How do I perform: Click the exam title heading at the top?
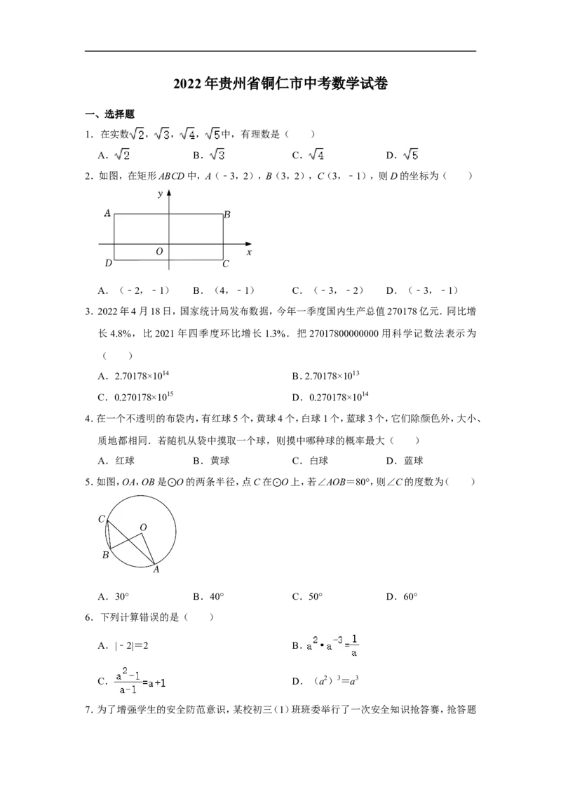click(x=280, y=83)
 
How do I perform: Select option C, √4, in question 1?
click(x=309, y=155)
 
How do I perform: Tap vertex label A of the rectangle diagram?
click(x=107, y=213)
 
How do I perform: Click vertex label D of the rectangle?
click(x=109, y=263)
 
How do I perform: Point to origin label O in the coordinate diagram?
click(x=159, y=252)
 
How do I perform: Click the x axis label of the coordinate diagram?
click(x=249, y=253)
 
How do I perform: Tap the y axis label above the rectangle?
click(x=160, y=194)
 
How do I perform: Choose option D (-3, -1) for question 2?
click(x=423, y=290)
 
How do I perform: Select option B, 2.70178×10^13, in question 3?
click(x=325, y=376)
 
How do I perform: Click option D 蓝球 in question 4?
click(x=405, y=461)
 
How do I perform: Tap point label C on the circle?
click(x=101, y=519)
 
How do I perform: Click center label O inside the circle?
click(x=143, y=527)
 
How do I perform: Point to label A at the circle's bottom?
click(x=156, y=570)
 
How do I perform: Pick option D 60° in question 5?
click(x=402, y=596)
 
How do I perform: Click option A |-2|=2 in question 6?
click(x=123, y=645)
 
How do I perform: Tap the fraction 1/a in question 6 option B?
click(x=354, y=645)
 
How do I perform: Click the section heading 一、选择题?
click(x=110, y=114)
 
